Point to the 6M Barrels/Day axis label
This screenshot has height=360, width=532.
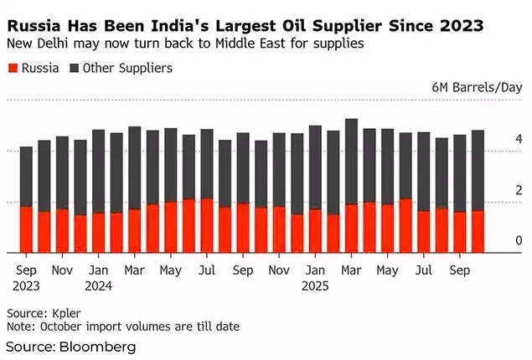coord(477,87)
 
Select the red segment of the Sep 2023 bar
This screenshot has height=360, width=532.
coord(26,229)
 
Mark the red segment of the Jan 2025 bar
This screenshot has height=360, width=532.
coord(315,230)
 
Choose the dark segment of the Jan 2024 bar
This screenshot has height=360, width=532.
coord(99,171)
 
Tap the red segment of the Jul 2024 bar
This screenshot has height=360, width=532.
coord(207,225)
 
